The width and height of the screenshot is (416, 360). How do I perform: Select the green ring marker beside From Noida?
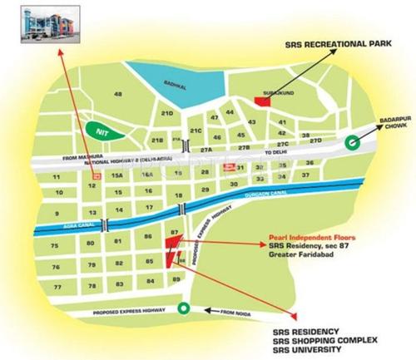[x=183, y=310]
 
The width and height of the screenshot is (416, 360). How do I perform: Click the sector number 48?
[x=118, y=94]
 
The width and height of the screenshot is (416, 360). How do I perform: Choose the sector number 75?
[x=54, y=246]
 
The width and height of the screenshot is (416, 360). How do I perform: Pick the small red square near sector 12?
[x=97, y=177]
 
